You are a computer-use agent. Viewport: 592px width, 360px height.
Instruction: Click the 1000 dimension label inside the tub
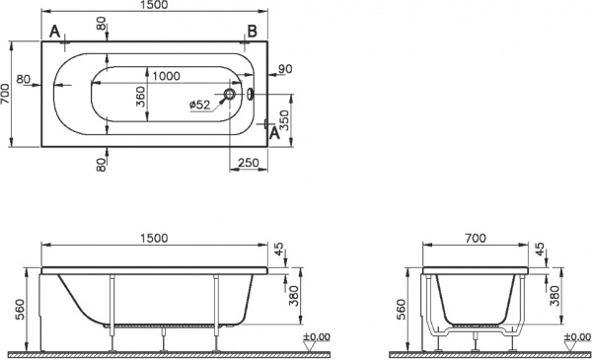click(x=167, y=76)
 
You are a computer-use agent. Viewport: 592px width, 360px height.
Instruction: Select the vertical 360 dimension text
click(x=140, y=97)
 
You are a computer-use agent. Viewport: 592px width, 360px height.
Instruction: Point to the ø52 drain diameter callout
click(x=199, y=105)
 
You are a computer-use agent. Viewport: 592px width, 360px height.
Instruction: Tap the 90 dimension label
click(x=285, y=69)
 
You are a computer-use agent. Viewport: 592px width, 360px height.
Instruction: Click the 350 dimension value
click(x=285, y=120)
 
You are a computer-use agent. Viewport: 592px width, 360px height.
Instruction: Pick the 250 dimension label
click(x=248, y=163)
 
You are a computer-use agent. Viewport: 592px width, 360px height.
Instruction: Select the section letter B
click(x=252, y=31)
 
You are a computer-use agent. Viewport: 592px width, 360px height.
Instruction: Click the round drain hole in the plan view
click(x=230, y=95)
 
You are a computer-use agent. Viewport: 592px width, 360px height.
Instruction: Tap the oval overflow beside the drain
click(x=251, y=94)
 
